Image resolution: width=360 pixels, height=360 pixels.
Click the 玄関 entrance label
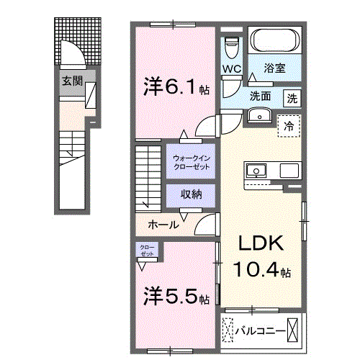pyautogui.click(x=70, y=81)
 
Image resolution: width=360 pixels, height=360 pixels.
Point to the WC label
pyautogui.click(x=231, y=69)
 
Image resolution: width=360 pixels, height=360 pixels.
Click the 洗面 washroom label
pyautogui.click(x=260, y=96)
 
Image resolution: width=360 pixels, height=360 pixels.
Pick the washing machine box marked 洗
pyautogui.click(x=292, y=97)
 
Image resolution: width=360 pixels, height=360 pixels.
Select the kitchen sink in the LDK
pyautogui.click(x=256, y=171)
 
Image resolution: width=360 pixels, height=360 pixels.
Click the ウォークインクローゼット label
pyautogui.click(x=191, y=162)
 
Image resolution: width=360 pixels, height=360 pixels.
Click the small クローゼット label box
pyautogui.click(x=146, y=251)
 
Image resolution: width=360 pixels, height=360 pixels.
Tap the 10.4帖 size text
pyautogui.click(x=261, y=271)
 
